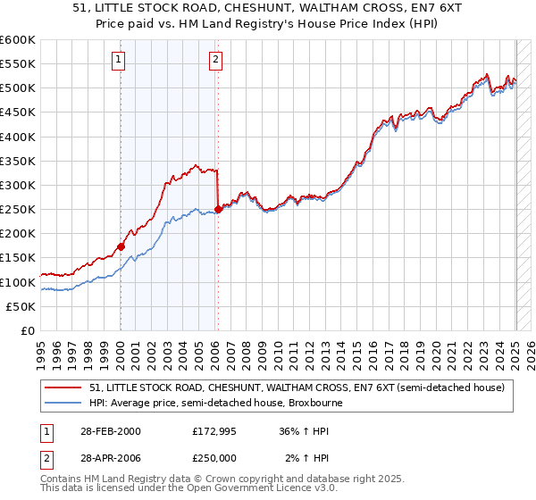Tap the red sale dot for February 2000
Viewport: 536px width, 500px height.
point(121,246)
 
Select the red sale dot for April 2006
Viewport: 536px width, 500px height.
point(218,209)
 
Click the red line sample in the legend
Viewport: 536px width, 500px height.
point(64,387)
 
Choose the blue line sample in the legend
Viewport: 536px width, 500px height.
point(64,403)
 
